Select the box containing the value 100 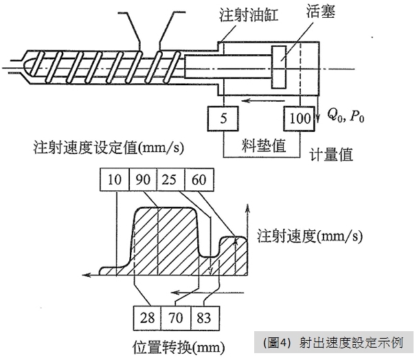tap(300, 118)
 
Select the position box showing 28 tap(146, 318)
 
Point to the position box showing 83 tap(203, 318)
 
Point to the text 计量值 tap(330, 155)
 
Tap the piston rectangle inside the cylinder tap(279, 67)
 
